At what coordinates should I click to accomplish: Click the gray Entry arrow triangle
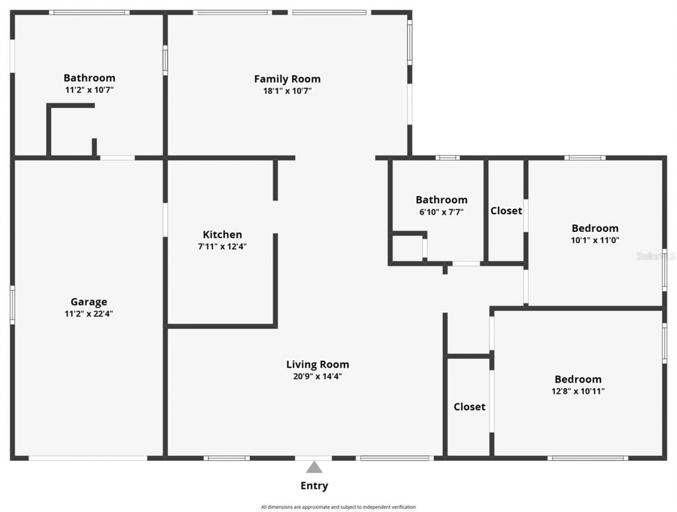pyautogui.click(x=314, y=468)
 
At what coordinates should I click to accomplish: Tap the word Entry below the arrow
pyautogui.click(x=314, y=486)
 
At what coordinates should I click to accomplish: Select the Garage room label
pyautogui.click(x=89, y=302)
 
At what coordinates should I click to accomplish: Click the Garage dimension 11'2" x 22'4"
pyautogui.click(x=89, y=314)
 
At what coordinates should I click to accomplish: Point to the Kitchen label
pyautogui.click(x=222, y=235)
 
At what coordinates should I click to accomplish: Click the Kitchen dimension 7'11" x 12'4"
pyautogui.click(x=222, y=246)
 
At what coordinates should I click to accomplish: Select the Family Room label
pyautogui.click(x=287, y=79)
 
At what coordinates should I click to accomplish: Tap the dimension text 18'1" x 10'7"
pyautogui.click(x=287, y=91)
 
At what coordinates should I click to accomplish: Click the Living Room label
pyautogui.click(x=317, y=364)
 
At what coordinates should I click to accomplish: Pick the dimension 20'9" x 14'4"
pyautogui.click(x=317, y=377)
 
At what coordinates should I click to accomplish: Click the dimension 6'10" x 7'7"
pyautogui.click(x=441, y=212)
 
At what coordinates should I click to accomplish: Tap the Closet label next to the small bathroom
pyautogui.click(x=506, y=211)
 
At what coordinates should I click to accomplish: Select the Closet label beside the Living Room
pyautogui.click(x=469, y=407)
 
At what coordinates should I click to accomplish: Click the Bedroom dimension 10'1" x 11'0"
pyautogui.click(x=595, y=240)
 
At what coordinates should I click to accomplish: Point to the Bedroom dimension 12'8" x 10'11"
pyautogui.click(x=578, y=391)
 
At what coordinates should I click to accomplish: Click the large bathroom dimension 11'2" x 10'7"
pyautogui.click(x=89, y=90)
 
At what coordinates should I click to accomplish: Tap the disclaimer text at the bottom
pyautogui.click(x=338, y=507)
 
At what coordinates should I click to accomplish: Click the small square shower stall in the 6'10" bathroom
pyautogui.click(x=407, y=248)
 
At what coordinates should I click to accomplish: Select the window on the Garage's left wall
pyautogui.click(x=12, y=305)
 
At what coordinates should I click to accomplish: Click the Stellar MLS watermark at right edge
pyautogui.click(x=656, y=257)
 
